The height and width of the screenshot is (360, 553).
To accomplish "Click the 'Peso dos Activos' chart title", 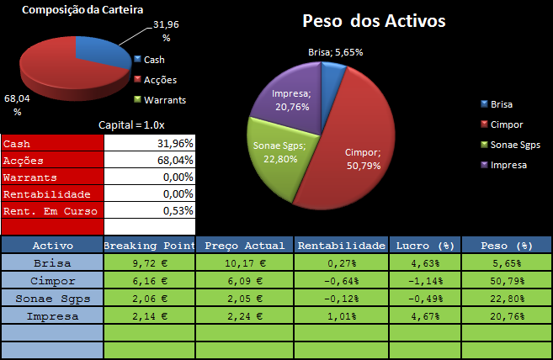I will coord(374,21).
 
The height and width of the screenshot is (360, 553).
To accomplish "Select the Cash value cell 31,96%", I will coord(149,144).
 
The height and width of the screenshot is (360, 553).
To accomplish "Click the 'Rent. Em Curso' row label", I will coord(52,210).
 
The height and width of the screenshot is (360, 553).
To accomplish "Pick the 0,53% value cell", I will coord(149,210).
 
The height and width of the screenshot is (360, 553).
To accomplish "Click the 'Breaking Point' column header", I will coord(149,246).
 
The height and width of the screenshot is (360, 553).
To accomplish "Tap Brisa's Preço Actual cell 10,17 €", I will coord(244,262).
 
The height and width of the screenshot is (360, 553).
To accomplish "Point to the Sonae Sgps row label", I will coord(52,299).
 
